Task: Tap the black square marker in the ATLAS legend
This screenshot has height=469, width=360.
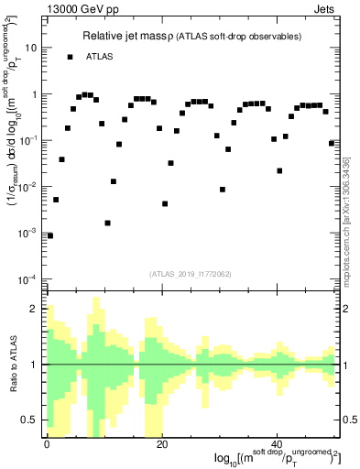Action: [71, 57]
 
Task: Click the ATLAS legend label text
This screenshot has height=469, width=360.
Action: [101, 57]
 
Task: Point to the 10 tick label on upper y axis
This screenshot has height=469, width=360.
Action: [33, 48]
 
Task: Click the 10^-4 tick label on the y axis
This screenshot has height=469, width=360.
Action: [29, 278]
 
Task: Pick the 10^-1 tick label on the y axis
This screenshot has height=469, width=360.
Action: [29, 140]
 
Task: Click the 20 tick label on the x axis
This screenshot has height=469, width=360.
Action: [161, 444]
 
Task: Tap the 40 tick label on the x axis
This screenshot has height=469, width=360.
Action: [277, 444]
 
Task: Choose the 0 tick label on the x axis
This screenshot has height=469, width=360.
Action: [47, 444]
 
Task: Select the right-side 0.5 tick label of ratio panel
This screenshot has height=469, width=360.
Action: [349, 420]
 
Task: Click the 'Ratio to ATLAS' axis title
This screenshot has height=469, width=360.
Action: [15, 365]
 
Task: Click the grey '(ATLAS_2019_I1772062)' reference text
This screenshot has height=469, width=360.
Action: [191, 274]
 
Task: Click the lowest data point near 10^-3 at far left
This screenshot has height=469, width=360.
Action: [50, 235]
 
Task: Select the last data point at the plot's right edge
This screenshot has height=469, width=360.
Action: [332, 143]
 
